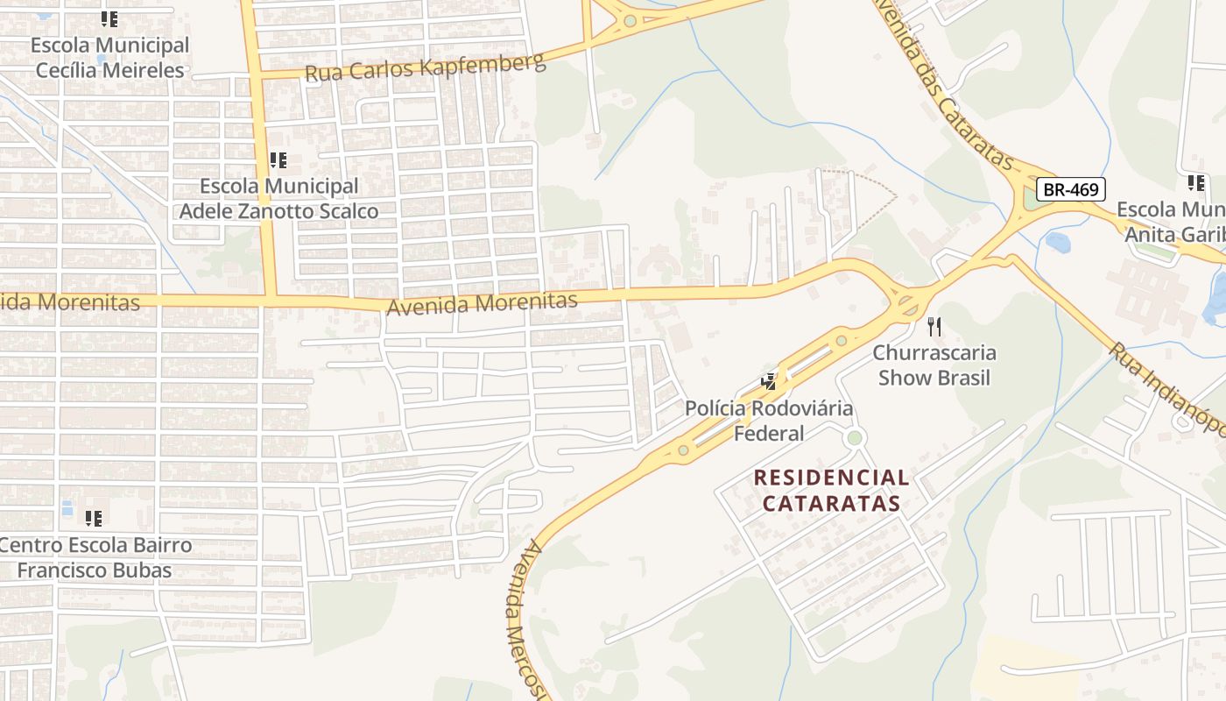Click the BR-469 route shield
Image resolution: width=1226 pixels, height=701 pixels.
click(x=1071, y=189)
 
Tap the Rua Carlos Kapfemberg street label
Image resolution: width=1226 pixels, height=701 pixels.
click(x=425, y=67)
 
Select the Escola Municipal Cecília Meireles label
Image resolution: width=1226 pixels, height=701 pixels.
click(x=109, y=58)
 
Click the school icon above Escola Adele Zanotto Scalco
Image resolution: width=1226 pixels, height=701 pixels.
click(x=278, y=160)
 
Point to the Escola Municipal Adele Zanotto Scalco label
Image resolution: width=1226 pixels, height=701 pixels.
click(x=278, y=199)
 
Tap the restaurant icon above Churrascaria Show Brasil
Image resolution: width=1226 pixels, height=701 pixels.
click(x=934, y=327)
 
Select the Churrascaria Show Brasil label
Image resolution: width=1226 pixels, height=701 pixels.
click(x=934, y=365)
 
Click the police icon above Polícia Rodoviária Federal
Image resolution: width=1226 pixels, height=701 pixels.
click(x=768, y=381)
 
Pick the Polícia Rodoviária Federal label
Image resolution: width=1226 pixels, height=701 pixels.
click(x=768, y=421)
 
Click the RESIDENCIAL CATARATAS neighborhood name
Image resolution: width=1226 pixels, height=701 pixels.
click(x=831, y=491)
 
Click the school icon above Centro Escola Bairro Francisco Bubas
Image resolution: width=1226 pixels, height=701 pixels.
click(x=93, y=518)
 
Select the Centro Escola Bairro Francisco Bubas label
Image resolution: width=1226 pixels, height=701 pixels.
click(x=95, y=558)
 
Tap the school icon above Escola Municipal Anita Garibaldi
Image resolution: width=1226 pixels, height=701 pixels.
click(x=1195, y=183)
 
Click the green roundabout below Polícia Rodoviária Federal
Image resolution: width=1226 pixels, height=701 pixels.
click(x=855, y=437)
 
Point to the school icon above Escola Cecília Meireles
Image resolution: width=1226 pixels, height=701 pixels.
click(x=109, y=18)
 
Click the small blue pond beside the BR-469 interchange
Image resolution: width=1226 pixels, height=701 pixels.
click(x=1058, y=241)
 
